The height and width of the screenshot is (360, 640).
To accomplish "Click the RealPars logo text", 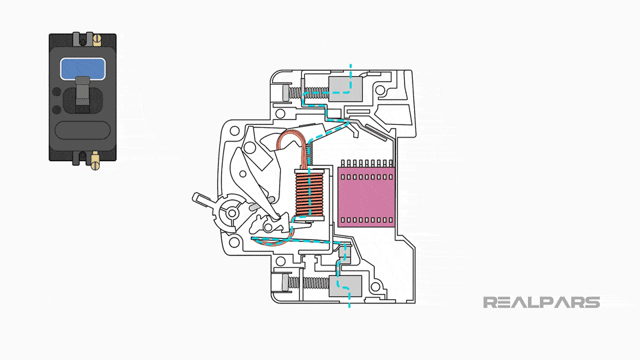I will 541,302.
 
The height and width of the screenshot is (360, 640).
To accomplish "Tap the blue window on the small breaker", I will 82,69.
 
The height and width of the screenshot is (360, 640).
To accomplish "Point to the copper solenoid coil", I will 309,195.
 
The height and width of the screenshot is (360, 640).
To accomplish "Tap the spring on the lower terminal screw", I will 312,283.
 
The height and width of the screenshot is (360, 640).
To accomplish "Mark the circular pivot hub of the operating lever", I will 233,212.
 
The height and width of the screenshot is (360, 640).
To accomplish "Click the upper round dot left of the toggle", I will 57,92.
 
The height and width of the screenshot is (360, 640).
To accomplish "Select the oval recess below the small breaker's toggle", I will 82,129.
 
